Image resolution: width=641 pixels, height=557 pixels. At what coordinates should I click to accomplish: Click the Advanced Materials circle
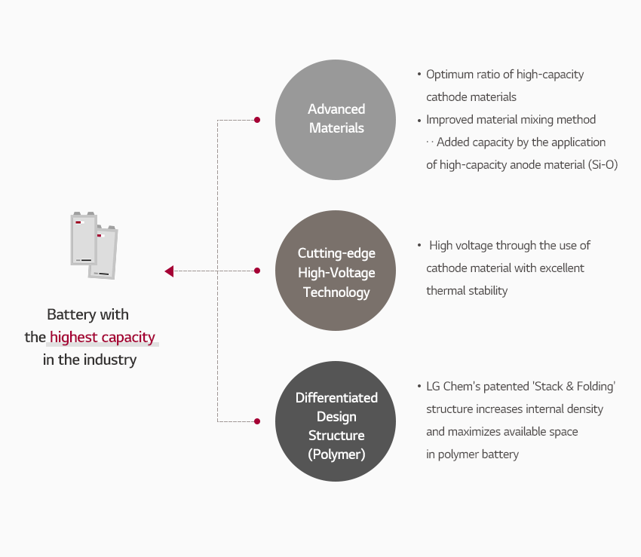point(336,120)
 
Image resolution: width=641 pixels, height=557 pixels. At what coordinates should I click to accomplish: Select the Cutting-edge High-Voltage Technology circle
point(336,271)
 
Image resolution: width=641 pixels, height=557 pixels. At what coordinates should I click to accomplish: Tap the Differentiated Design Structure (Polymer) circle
point(336,421)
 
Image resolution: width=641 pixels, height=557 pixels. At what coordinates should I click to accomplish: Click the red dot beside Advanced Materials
point(257,120)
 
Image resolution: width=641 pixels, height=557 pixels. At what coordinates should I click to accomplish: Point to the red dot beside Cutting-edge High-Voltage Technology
point(257,271)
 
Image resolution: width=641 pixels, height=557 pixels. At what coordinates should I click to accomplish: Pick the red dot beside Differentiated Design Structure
point(257,421)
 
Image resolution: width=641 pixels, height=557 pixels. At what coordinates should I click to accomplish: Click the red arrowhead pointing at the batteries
point(169,271)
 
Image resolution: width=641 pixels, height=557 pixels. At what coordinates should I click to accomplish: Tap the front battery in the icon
point(84,239)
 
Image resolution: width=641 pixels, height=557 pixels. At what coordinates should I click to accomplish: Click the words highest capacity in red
point(103,338)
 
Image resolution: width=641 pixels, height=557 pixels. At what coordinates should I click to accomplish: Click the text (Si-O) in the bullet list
point(603,165)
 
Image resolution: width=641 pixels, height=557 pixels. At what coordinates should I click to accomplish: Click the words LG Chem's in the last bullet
point(457,386)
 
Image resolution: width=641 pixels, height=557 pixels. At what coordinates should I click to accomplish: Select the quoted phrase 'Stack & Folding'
point(574,386)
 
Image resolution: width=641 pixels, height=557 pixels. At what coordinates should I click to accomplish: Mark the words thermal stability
point(467,290)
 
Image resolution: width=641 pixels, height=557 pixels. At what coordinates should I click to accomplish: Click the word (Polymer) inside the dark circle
point(336,454)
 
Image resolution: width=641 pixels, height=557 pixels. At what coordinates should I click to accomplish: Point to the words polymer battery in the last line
point(478,454)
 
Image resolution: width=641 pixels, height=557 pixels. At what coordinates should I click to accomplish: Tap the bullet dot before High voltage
point(419,245)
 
